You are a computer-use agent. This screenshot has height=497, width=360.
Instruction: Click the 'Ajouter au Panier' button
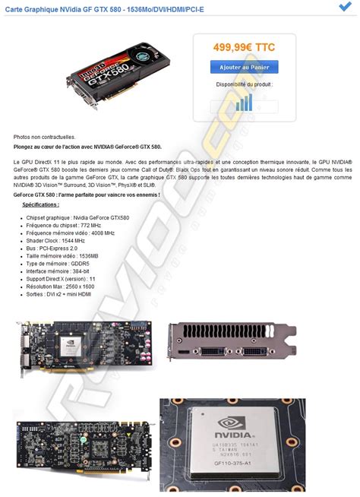[x=244, y=68]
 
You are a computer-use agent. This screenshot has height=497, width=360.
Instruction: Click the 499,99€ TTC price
[x=244, y=47]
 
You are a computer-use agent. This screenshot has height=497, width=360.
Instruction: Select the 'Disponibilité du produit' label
[x=244, y=84]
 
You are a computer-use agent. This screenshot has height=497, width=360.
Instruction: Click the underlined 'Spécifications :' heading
[x=40, y=204]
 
